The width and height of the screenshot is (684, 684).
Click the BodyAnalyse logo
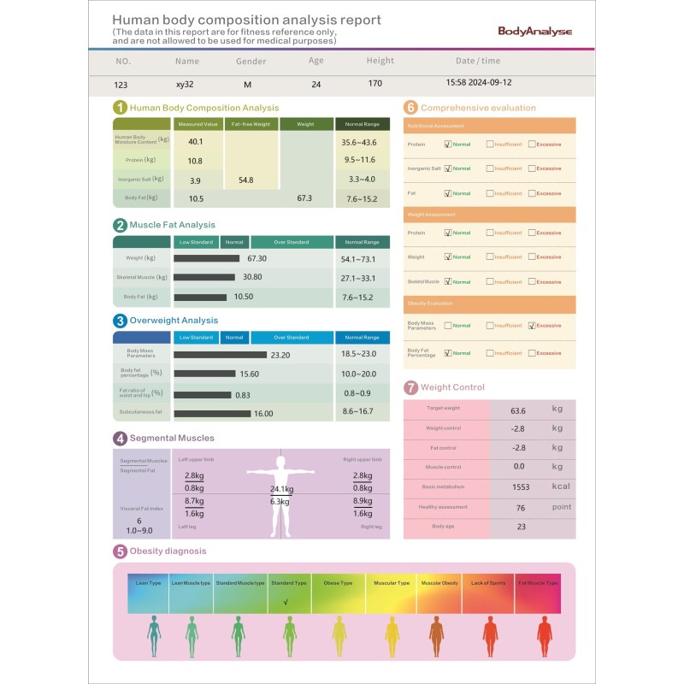534,31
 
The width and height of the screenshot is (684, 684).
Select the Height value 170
374,84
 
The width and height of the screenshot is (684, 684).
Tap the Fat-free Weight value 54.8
246,180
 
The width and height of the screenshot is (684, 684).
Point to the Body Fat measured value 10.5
196,198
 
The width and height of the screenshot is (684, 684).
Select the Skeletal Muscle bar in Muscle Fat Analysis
204,277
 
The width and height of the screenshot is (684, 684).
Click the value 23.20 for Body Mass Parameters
280,355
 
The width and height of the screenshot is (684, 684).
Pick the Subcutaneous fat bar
212,413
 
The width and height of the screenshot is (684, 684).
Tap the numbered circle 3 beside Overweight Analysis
121,321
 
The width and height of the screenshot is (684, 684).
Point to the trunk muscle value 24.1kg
281,489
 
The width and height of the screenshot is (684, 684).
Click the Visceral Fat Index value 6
139,521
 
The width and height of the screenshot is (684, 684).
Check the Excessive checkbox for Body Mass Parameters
532,325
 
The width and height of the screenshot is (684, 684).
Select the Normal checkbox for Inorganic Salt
448,168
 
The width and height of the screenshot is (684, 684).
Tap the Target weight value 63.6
517,410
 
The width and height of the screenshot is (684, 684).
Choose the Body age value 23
521,527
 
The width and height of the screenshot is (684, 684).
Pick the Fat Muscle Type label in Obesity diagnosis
538,583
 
